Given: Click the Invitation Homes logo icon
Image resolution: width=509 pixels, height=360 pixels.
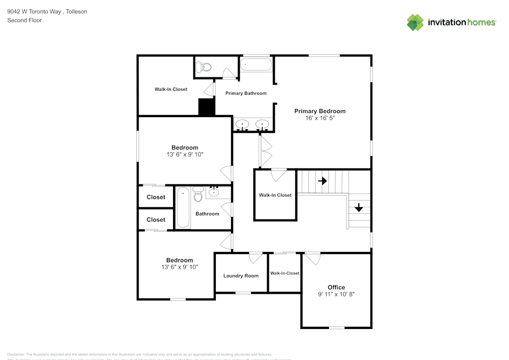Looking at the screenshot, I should tap(415, 22).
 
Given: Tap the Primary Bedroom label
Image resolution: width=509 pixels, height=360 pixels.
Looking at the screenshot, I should tap(320, 111).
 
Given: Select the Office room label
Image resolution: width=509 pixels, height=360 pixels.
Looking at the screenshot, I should tap(336, 287).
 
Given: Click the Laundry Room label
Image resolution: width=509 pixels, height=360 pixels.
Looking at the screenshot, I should tap(241, 276).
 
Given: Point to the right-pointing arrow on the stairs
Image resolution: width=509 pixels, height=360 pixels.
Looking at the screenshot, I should tap(322, 181).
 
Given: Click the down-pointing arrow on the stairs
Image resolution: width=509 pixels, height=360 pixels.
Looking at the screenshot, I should tap(358, 207).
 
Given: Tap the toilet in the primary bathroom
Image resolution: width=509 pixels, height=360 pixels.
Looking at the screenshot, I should tap(205, 67).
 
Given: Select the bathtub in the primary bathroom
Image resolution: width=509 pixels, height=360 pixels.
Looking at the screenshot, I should tap(256, 65).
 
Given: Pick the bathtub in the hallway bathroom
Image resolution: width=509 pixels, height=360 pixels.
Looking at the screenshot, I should tap(183, 208).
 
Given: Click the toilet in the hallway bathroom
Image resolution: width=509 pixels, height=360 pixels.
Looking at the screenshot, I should tap(198, 195).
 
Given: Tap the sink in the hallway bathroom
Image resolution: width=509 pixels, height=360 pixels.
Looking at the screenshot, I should tap(214, 192).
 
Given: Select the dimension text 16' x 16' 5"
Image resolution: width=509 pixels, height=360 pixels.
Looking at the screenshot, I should tap(320, 118).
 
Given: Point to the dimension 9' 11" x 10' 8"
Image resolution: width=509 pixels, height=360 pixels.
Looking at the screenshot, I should tap(336, 294).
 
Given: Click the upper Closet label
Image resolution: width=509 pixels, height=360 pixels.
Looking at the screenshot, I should tap(156, 197).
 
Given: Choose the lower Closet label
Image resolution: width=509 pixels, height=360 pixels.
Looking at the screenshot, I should tap(156, 219).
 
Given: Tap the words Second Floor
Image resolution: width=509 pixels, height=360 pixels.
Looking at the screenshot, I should tap(24, 20).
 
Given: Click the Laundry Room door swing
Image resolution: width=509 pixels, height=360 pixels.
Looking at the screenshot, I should tap(256, 257).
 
